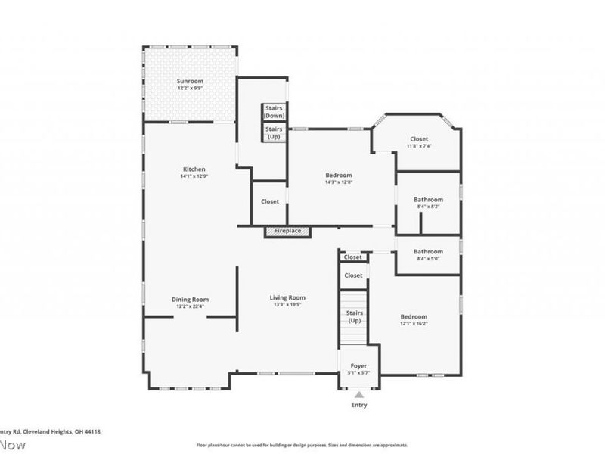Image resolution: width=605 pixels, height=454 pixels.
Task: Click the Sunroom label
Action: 190,81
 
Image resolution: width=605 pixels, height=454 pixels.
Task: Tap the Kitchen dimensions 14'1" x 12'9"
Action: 194,176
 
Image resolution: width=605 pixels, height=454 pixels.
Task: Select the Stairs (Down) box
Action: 274,112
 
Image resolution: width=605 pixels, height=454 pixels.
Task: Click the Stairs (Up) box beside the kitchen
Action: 274,133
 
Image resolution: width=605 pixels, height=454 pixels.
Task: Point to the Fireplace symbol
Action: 287,232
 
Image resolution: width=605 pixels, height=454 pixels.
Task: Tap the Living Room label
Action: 287,297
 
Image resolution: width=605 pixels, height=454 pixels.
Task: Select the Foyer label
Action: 358,366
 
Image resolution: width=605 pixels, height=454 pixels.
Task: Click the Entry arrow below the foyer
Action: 358,394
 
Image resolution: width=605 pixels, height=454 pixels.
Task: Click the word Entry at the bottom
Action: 358,406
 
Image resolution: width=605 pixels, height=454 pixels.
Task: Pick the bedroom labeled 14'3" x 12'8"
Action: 339,176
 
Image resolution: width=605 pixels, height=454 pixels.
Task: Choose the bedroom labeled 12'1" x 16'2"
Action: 414,316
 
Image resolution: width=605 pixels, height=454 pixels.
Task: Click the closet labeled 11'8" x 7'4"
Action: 419,139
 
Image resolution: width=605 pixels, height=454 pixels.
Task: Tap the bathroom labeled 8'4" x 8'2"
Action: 428,200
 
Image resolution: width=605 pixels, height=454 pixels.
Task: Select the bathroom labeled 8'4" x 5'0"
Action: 428,251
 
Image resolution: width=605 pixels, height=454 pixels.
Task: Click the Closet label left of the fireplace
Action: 270,202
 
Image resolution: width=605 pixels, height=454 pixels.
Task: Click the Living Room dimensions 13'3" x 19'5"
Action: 287,305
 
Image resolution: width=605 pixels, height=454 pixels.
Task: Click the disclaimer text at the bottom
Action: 302,445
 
